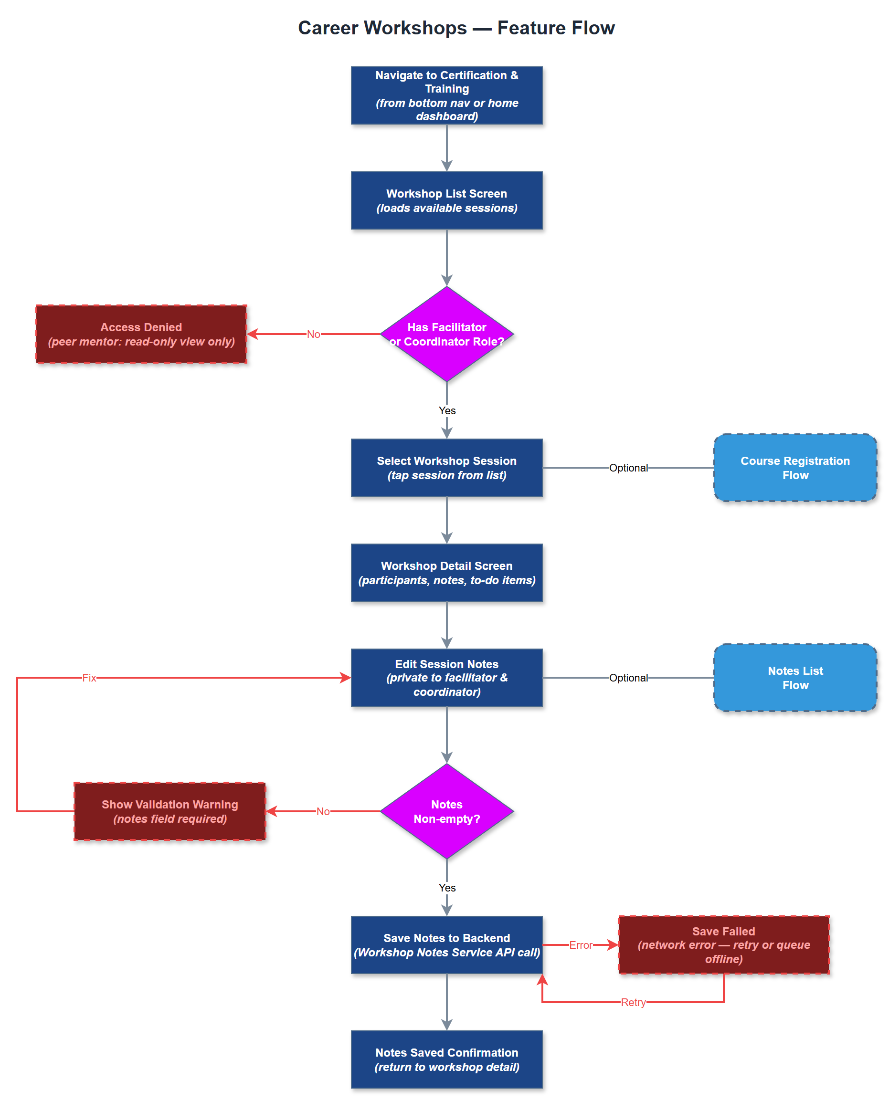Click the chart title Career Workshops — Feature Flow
click(x=456, y=28)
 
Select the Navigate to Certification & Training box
click(x=446, y=96)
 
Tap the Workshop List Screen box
click(x=446, y=200)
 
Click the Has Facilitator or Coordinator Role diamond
click(x=446, y=334)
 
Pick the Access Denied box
click(x=141, y=334)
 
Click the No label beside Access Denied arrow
click(x=313, y=334)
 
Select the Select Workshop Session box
click(x=446, y=468)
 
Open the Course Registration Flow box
click(x=795, y=468)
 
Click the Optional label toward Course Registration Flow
click(x=628, y=468)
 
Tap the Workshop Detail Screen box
click(x=446, y=573)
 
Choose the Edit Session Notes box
click(x=446, y=678)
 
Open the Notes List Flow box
click(x=795, y=678)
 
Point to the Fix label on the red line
click(x=89, y=678)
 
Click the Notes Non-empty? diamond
click(x=446, y=811)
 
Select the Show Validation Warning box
click(x=170, y=811)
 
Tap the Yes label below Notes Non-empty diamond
click(x=447, y=888)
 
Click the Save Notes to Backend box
click(x=446, y=945)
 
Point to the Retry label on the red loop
click(x=633, y=1002)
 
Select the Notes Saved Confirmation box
click(x=446, y=1059)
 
